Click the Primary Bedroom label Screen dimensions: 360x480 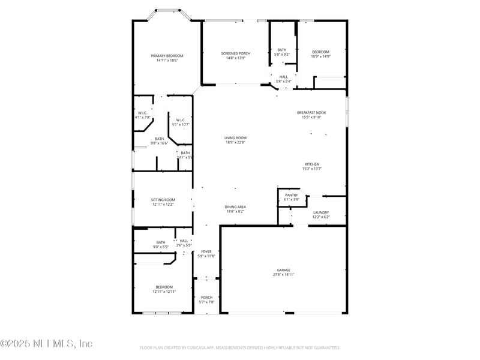pyautogui.click(x=167, y=56)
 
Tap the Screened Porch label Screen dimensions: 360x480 pyautogui.click(x=235, y=53)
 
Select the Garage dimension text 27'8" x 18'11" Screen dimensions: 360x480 pyautogui.click(x=283, y=275)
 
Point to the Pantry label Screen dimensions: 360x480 pyautogui.click(x=291, y=195)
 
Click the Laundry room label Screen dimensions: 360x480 pyautogui.click(x=320, y=212)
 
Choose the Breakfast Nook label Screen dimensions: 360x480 pyautogui.click(x=311, y=113)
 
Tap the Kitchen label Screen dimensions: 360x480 pyautogui.click(x=311, y=164)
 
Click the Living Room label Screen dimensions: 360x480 pyautogui.click(x=236, y=138)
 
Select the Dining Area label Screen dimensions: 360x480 pyautogui.click(x=235, y=207)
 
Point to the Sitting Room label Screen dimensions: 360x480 pyautogui.click(x=163, y=200)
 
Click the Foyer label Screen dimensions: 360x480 pyautogui.click(x=206, y=251)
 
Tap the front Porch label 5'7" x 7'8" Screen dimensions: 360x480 pyautogui.click(x=206, y=298)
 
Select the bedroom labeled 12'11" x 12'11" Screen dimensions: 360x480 pyautogui.click(x=164, y=287)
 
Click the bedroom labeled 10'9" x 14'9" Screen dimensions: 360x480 pyautogui.click(x=320, y=52)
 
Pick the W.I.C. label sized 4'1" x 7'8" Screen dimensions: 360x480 pyautogui.click(x=143, y=113)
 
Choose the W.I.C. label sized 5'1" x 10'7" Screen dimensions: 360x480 pyautogui.click(x=181, y=120)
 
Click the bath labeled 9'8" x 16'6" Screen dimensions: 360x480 pyautogui.click(x=159, y=139)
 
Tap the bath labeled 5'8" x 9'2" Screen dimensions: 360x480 pyautogui.click(x=282, y=50)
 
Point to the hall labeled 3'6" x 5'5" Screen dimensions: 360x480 pyautogui.click(x=184, y=241)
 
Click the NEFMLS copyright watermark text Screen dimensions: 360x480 pyautogui.click(x=46, y=344)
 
